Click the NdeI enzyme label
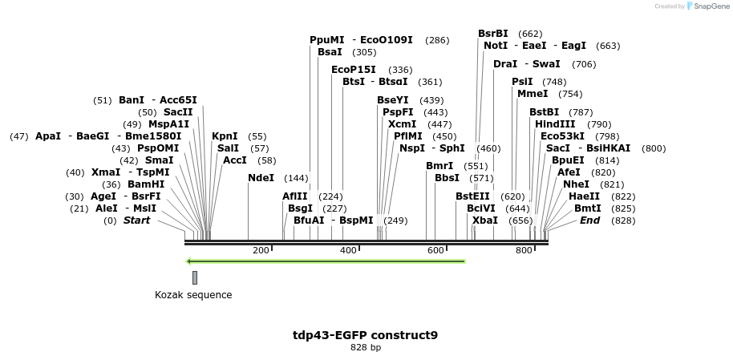[x=261, y=178]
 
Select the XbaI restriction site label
[x=484, y=220]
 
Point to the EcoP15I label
[x=354, y=70]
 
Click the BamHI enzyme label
[x=146, y=184]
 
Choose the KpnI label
[x=225, y=136]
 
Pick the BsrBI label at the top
[x=493, y=34]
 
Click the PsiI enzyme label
[x=522, y=82]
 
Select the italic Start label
[x=136, y=220]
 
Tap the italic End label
[x=589, y=220]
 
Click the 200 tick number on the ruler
[x=261, y=251]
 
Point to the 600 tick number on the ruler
[x=435, y=251]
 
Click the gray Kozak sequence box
[x=195, y=277]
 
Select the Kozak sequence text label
[x=193, y=295]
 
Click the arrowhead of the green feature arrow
[x=188, y=261]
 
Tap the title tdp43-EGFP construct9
[x=366, y=335]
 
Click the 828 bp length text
[x=366, y=348]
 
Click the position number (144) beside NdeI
[x=296, y=178]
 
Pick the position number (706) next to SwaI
[x=584, y=64]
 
